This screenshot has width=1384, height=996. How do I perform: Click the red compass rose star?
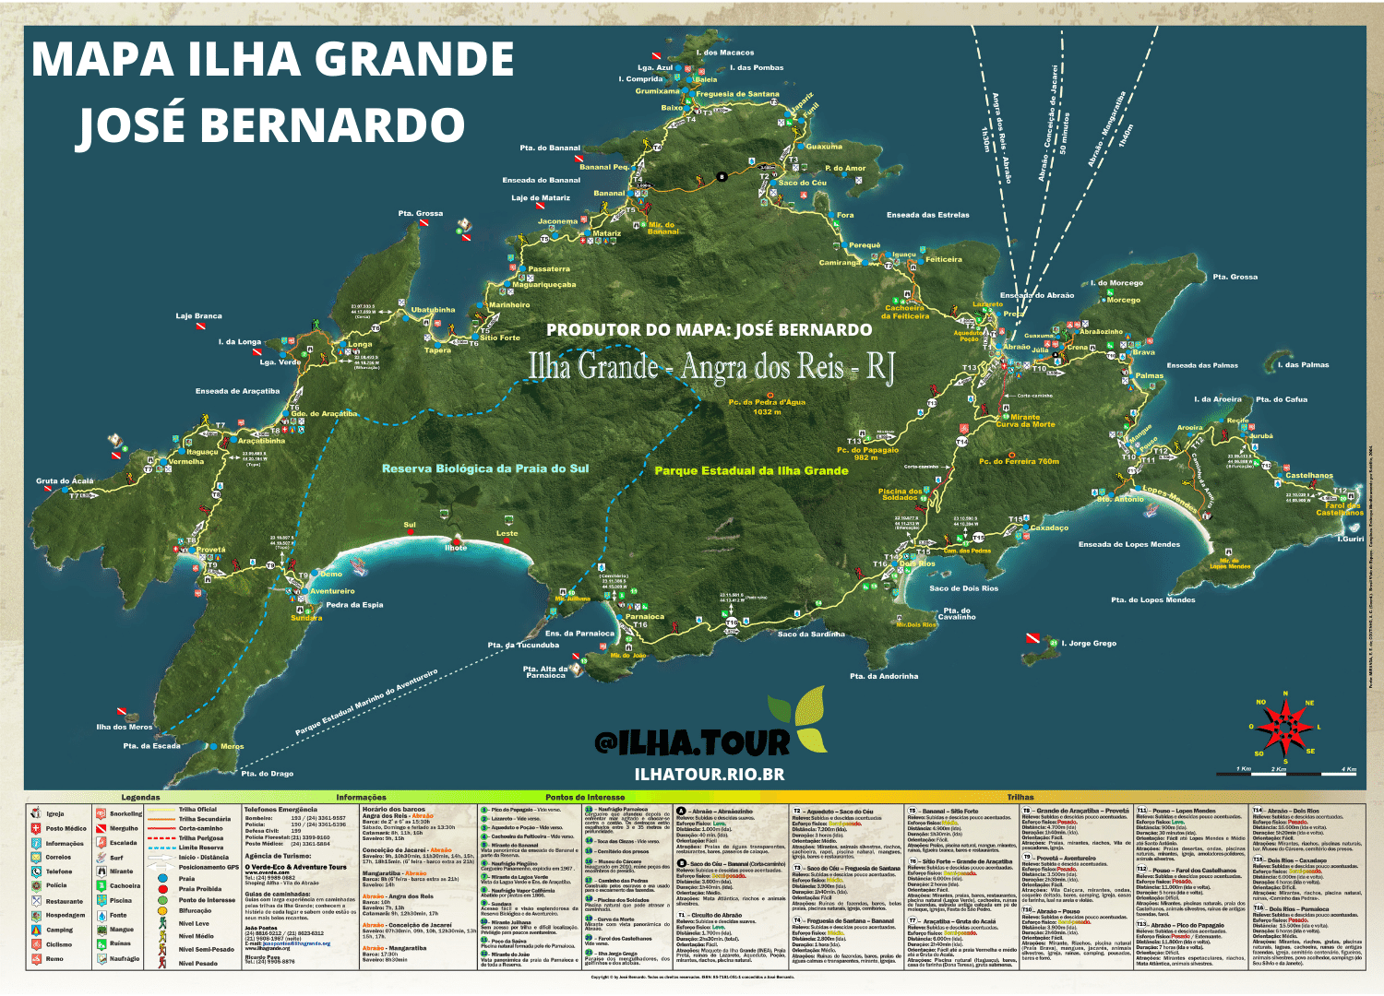coord(1284,726)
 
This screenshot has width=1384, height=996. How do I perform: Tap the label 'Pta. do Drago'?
coord(267,774)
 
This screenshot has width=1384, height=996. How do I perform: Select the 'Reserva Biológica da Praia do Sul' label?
coord(485,468)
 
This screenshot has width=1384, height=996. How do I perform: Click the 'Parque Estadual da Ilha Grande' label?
coord(751,470)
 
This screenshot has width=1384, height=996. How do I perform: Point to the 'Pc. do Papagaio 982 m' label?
coord(867,454)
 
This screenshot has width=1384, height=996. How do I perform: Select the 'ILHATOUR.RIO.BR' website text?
coord(710,775)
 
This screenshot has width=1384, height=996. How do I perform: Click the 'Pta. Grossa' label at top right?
coord(1235,277)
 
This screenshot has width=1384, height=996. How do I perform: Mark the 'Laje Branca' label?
coord(199,316)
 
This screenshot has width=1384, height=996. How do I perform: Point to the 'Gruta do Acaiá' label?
coord(65,480)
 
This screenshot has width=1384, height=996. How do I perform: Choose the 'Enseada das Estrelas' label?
coord(927,215)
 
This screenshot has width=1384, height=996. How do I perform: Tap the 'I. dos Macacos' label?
coord(724,53)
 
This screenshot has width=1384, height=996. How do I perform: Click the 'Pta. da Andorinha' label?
coord(884,676)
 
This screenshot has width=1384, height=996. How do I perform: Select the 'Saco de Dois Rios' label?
coord(963,588)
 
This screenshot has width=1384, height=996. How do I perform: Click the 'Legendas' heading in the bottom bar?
coord(140,797)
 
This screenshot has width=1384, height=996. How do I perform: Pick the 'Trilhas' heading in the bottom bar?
coord(1020,797)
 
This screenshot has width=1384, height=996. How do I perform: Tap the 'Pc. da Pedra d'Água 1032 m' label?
coord(767,407)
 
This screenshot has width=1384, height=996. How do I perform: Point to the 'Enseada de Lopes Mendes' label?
coord(1128,544)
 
